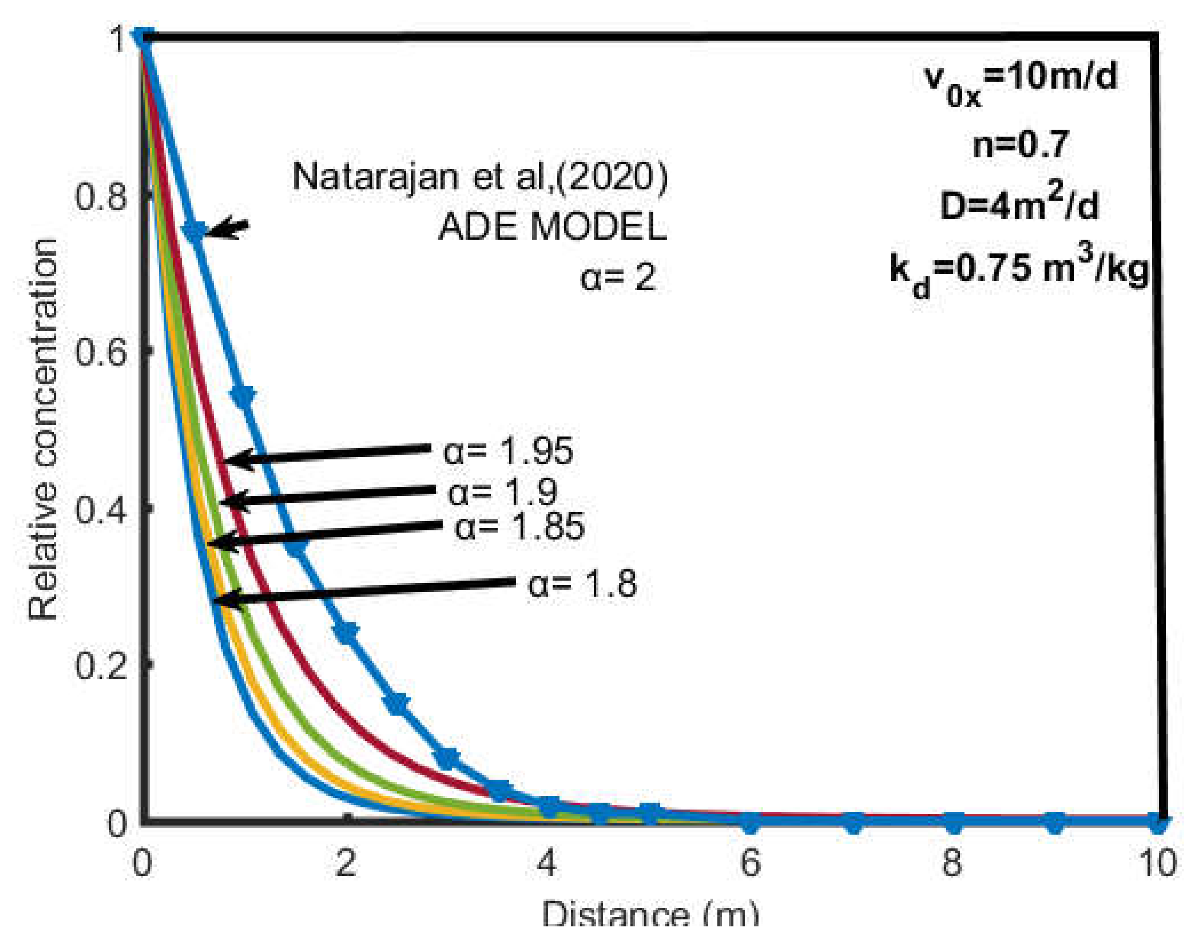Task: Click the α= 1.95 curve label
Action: [x=508, y=451]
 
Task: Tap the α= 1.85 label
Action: [x=519, y=526]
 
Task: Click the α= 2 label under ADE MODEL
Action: [x=618, y=277]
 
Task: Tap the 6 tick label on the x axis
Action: [x=750, y=863]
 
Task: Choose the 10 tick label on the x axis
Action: [x=1157, y=863]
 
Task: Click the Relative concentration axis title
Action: [x=43, y=429]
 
